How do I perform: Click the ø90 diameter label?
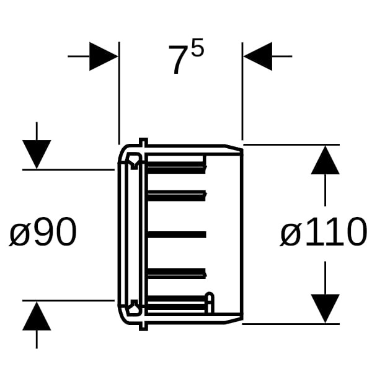[43, 232]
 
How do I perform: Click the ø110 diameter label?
[324, 232]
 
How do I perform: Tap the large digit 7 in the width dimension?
[177, 60]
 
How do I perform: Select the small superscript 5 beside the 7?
[197, 48]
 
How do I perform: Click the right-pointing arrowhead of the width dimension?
[104, 56]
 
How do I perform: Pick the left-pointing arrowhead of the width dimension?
[258, 56]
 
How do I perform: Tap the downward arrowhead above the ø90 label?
[37, 154]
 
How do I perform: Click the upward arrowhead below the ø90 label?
[37, 316]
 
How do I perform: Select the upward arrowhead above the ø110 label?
[325, 160]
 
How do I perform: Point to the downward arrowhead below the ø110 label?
[325, 308]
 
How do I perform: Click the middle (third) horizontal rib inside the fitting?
[177, 234]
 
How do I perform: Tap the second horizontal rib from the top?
[177, 196]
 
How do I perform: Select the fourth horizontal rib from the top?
[177, 273]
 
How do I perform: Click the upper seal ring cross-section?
[135, 161]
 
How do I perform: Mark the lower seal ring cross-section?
[135, 308]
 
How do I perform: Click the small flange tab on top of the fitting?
[143, 141]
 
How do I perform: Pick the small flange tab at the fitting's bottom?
[143, 327]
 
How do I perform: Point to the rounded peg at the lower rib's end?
[210, 302]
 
